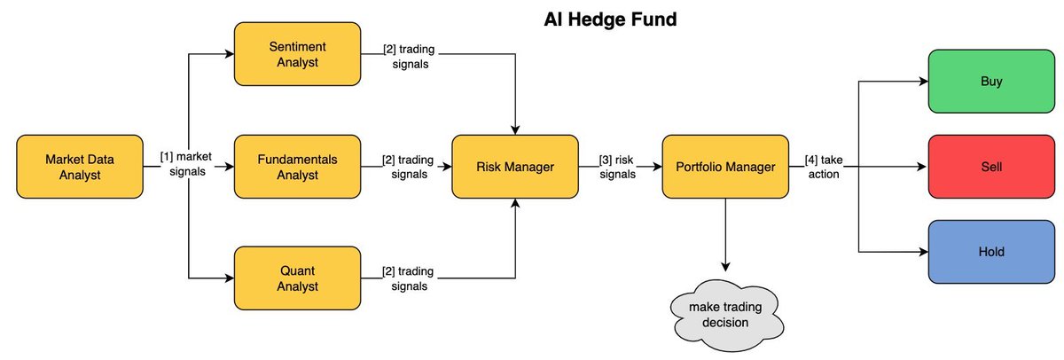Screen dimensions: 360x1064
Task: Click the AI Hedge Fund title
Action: point(610,19)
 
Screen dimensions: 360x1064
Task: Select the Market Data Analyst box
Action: point(80,166)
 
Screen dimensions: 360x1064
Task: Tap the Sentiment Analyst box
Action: point(296,54)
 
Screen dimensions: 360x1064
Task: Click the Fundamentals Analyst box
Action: point(296,166)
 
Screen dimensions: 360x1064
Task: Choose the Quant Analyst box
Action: point(296,278)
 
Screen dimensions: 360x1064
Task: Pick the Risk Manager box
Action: point(516,166)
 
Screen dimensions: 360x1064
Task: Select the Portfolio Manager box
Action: point(725,166)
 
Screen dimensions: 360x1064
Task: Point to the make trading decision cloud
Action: point(725,314)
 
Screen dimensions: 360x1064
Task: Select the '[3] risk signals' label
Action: point(617,166)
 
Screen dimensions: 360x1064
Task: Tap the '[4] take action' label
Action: point(824,166)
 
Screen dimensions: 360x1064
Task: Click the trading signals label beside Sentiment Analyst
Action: point(408,55)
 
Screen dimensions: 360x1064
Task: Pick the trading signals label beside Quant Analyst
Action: point(408,278)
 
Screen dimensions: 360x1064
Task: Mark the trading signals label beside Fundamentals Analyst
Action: point(408,167)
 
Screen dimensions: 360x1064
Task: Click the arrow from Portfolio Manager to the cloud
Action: point(725,235)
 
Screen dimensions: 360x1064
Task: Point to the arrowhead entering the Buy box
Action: point(922,82)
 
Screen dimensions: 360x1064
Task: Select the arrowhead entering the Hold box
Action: point(922,251)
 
